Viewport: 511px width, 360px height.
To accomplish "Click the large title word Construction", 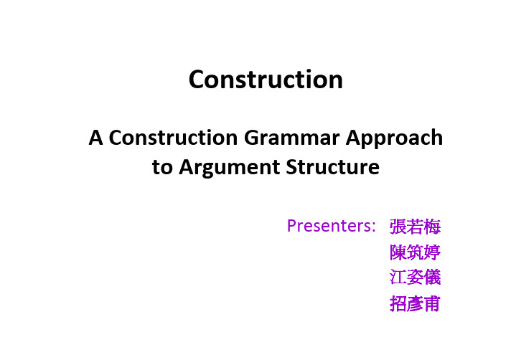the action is pyautogui.click(x=266, y=80).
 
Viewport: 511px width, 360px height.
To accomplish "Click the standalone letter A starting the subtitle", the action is pyautogui.click(x=96, y=138).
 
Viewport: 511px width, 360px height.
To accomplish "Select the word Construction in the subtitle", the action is pyautogui.click(x=173, y=138).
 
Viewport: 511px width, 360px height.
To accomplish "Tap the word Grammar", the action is pyautogui.click(x=291, y=138).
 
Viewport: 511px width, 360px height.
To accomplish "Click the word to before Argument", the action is pyautogui.click(x=162, y=167).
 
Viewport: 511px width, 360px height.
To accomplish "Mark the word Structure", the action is pyautogui.click(x=333, y=167).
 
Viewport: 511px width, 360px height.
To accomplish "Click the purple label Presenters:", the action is pyautogui.click(x=332, y=225).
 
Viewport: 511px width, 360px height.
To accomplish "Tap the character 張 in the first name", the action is pyautogui.click(x=398, y=227).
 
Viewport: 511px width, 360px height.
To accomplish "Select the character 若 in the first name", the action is pyautogui.click(x=415, y=227).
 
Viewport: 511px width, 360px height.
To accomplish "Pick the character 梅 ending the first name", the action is pyautogui.click(x=432, y=227).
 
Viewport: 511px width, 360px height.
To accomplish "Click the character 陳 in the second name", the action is pyautogui.click(x=398, y=252).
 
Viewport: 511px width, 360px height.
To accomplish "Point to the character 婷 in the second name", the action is pyautogui.click(x=432, y=252).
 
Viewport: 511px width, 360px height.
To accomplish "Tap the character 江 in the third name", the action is pyautogui.click(x=398, y=278).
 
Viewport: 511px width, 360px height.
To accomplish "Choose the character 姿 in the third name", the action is pyautogui.click(x=415, y=278).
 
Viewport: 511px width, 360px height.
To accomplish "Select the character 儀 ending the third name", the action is pyautogui.click(x=432, y=278).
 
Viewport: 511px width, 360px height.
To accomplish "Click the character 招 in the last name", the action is pyautogui.click(x=398, y=303).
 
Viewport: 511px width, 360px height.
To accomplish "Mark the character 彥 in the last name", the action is pyautogui.click(x=415, y=303).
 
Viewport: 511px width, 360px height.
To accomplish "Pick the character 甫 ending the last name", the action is pyautogui.click(x=432, y=303).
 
